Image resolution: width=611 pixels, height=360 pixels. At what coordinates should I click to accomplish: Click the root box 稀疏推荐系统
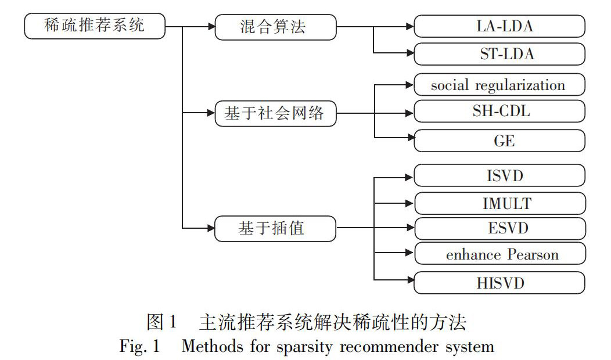point(94,27)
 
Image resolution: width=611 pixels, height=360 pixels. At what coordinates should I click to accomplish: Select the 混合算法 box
point(275,27)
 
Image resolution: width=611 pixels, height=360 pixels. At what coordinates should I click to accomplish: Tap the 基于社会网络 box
point(275,114)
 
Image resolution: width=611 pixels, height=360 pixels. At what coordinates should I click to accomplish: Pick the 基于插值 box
point(275,228)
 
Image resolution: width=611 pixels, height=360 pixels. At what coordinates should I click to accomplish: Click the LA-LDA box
point(499,26)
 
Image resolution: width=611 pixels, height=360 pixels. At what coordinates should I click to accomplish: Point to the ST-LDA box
point(499,55)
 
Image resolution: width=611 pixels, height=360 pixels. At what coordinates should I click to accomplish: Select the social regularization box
point(499,85)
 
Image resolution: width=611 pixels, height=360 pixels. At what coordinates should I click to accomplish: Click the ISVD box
point(499,175)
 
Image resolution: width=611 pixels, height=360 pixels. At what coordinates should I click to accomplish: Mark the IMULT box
point(499,203)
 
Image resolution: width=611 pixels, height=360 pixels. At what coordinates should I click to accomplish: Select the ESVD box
point(499,228)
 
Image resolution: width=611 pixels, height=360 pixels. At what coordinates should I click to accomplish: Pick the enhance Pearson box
point(499,254)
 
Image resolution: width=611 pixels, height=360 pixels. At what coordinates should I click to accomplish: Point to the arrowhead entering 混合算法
point(210,27)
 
